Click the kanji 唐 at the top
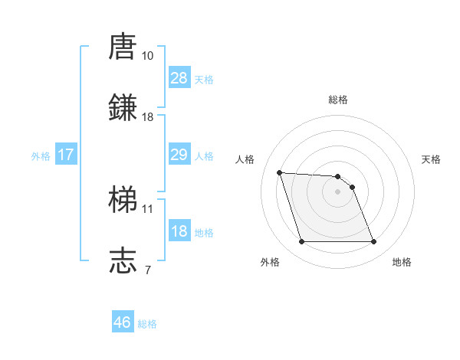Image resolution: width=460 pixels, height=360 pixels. point(123,47)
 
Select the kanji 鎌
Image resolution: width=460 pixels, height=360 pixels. point(123,108)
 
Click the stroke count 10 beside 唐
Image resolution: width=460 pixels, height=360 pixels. point(148,56)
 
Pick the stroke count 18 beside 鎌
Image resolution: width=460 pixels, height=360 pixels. point(148,117)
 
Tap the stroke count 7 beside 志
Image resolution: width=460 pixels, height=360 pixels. point(148,270)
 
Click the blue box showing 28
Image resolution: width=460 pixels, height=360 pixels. point(179,78)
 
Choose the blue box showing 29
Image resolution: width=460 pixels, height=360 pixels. point(179,155)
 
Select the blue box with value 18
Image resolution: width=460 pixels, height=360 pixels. point(179,231)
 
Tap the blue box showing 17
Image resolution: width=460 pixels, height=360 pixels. point(66,155)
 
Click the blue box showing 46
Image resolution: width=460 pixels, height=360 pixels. point(123,322)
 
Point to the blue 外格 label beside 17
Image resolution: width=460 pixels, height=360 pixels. point(41,155)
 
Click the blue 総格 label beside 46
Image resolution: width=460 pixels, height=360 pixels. point(147,323)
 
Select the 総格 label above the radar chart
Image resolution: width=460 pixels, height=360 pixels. point(338,100)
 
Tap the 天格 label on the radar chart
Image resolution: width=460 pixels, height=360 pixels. point(432,159)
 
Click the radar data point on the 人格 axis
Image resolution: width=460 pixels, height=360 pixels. point(279,172)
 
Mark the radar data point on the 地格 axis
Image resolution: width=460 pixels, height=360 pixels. point(373,242)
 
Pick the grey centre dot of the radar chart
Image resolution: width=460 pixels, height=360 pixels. point(338,191)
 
